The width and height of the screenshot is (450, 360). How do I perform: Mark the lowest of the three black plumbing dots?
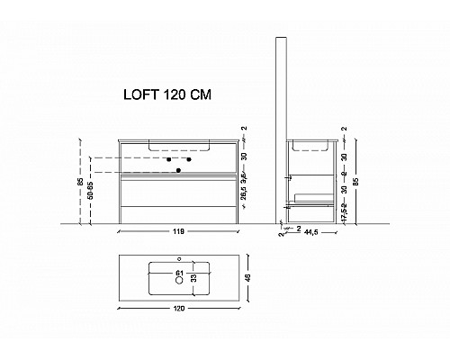(179, 169)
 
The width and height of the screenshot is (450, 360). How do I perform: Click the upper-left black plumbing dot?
(167, 159)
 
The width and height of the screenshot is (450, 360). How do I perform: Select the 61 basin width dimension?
(179, 272)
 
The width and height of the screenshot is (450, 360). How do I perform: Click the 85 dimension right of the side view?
(357, 180)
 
